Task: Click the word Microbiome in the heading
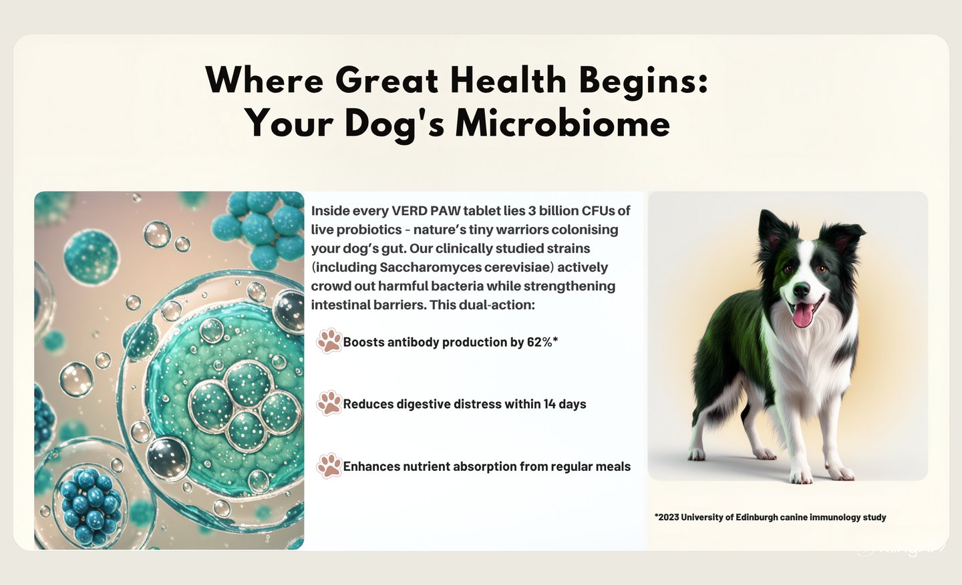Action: [563, 124]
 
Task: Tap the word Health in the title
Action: [508, 80]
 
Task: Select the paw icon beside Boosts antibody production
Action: [329, 341]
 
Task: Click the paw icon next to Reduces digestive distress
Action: [329, 403]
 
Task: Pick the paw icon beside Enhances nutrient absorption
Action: [329, 465]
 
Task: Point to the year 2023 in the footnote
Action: [667, 517]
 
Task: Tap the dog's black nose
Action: [801, 290]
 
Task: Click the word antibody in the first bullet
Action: [412, 342]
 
